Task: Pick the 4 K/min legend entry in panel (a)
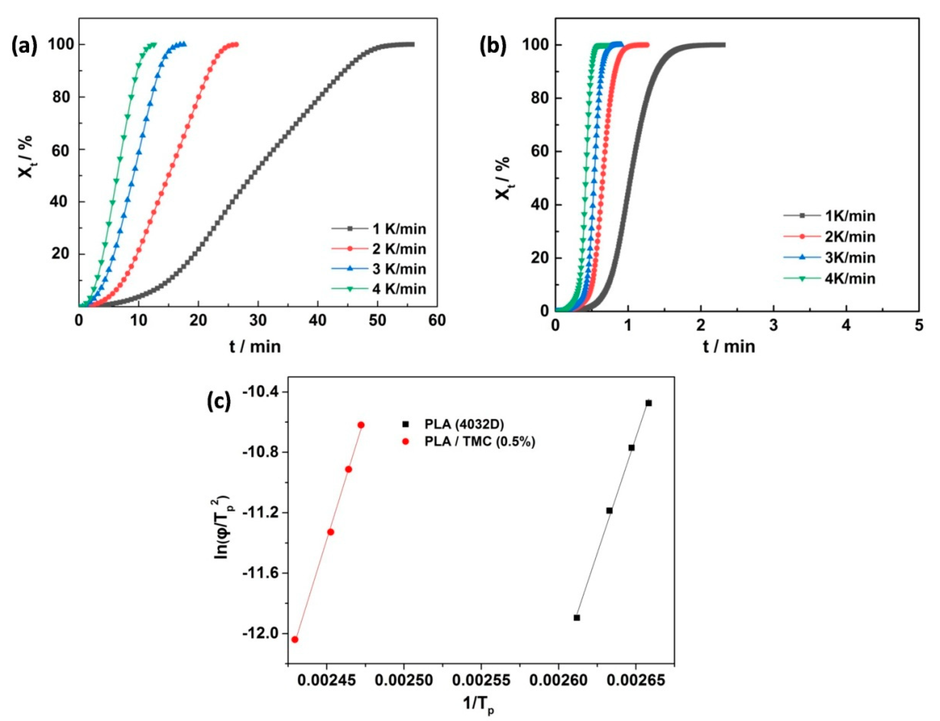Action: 399,289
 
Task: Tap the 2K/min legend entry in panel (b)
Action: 850,237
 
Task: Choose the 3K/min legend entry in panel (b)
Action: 850,258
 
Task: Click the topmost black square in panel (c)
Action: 649,403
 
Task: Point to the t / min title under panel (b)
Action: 728,347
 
